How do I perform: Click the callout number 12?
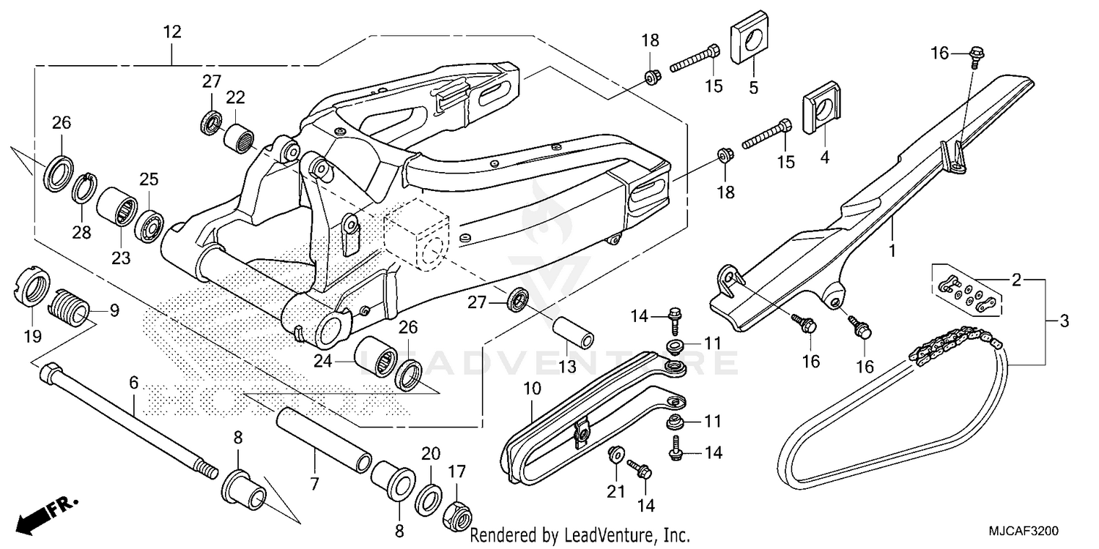172,32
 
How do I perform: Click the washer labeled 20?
429,498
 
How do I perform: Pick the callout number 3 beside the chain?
1063,321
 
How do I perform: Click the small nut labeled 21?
616,454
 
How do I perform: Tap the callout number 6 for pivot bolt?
133,382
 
